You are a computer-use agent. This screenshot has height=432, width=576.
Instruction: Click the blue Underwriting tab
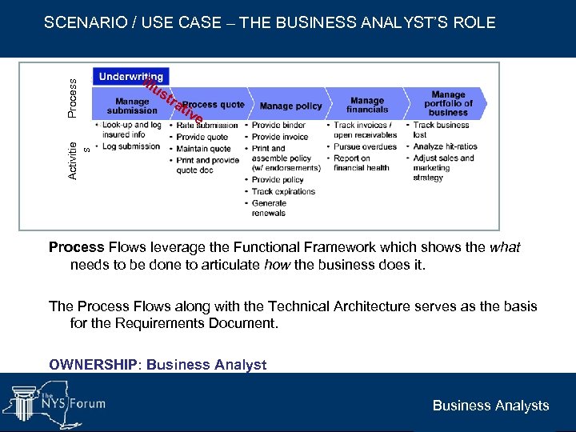coord(131,77)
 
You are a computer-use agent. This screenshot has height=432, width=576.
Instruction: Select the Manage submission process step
coord(132,106)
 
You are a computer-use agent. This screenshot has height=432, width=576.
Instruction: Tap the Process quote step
coord(213,105)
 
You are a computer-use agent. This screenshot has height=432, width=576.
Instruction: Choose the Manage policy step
coord(290,106)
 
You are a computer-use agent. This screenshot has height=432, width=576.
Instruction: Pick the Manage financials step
coord(367,105)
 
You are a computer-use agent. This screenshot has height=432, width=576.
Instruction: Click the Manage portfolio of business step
coord(448,103)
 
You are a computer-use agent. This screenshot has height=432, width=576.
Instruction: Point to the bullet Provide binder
coord(279,125)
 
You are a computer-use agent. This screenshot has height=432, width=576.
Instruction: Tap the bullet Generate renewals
coord(269,208)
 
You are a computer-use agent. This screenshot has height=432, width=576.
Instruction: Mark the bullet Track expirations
coord(284,191)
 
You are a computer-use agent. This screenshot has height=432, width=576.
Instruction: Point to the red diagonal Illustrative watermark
coord(173,103)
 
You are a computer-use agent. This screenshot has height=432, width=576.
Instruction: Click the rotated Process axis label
coord(72,98)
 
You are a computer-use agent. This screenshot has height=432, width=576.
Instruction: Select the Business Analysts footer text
coord(490,406)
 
